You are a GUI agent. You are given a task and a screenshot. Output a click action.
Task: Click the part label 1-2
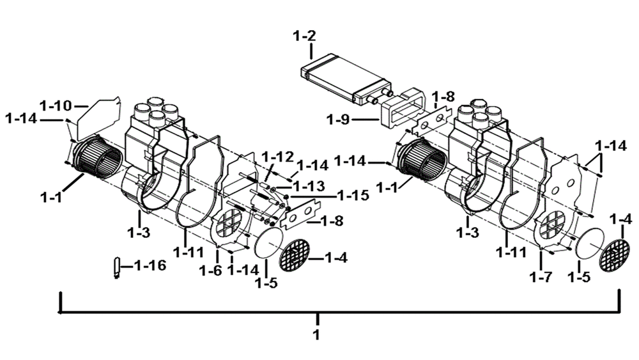click(304, 36)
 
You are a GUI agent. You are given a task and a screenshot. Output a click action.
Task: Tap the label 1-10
click(56, 106)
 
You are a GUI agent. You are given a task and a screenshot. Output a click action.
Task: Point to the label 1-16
click(150, 266)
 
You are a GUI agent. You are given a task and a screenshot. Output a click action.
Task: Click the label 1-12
click(277, 156)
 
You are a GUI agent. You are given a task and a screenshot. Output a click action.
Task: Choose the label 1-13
click(309, 186)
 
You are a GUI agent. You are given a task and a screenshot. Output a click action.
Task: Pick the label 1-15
click(353, 195)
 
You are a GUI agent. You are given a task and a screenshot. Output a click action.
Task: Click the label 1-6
click(211, 270)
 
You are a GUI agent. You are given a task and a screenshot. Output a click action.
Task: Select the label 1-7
click(541, 278)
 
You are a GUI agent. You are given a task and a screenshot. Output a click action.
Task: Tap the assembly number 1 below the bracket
click(316, 334)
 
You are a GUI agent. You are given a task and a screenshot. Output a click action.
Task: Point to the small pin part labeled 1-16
click(117, 268)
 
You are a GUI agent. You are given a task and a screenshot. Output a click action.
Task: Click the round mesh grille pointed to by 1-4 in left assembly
click(294, 256)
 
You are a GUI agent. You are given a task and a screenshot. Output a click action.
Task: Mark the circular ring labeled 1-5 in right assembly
click(590, 244)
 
